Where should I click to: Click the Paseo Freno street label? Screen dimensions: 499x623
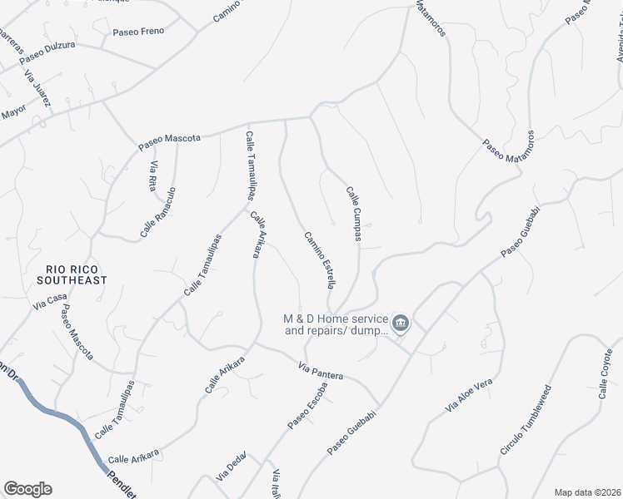(x=138, y=32)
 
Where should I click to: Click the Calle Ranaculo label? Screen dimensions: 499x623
(x=158, y=212)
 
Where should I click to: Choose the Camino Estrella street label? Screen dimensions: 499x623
(x=319, y=259)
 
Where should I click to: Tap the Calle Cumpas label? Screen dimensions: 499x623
(x=354, y=214)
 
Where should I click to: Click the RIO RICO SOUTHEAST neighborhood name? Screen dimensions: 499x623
(x=77, y=274)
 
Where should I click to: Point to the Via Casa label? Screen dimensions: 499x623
(x=49, y=302)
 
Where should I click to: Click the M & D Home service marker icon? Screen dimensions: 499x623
(x=401, y=324)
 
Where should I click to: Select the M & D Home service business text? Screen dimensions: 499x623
(x=336, y=324)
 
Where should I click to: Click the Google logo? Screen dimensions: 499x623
(x=27, y=489)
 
